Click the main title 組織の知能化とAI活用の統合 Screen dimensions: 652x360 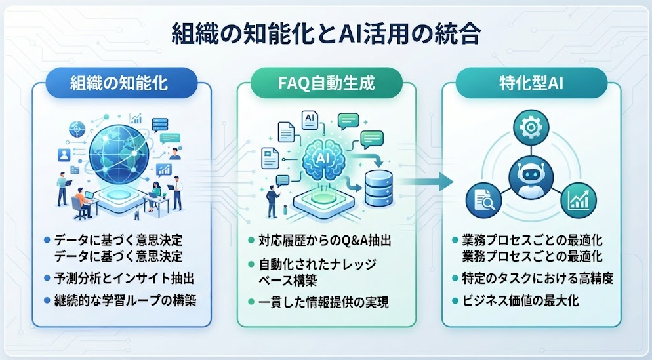(327, 34)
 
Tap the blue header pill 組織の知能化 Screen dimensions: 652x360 (121, 83)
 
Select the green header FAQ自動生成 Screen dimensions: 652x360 (327, 83)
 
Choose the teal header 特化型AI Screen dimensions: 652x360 (531, 83)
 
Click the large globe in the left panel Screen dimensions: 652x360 (119, 151)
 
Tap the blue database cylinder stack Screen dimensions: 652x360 (378, 188)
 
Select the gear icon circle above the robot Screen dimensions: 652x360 (531, 127)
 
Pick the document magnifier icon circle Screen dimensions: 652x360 (483, 201)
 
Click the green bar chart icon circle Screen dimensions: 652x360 (579, 201)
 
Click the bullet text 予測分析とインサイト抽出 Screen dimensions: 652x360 (125, 278)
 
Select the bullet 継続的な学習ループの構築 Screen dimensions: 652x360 (125, 300)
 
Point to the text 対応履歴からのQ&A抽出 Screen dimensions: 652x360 (325, 241)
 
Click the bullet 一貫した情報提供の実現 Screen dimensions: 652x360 (323, 302)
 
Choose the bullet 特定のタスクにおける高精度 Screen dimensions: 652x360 (538, 278)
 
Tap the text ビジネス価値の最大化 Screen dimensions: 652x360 (520, 300)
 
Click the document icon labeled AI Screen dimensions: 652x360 (310, 121)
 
